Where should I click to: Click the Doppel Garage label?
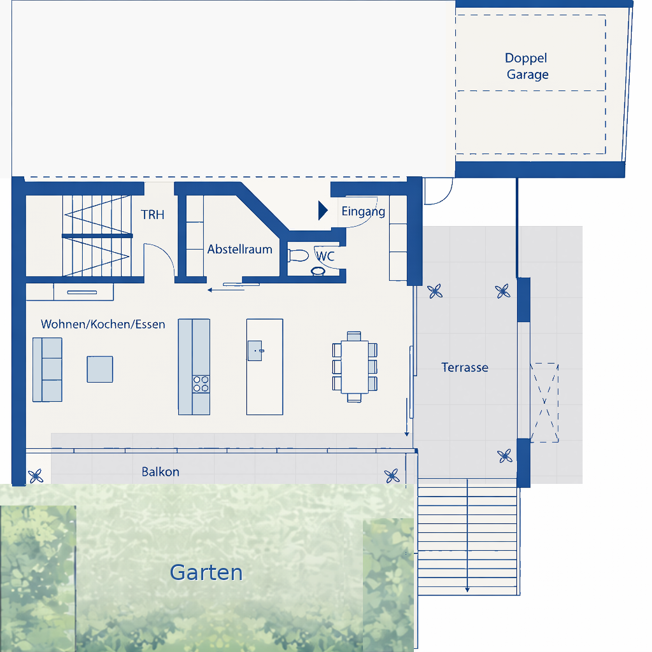(x=527, y=66)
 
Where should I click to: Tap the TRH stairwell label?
(x=153, y=215)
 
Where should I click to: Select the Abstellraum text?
(x=239, y=249)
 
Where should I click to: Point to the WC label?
(x=325, y=256)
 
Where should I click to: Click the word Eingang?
(x=363, y=211)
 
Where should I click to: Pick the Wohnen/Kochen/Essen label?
(x=103, y=324)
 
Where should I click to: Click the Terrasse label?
(x=464, y=367)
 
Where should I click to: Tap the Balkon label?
(x=160, y=472)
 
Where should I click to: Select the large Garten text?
(x=206, y=572)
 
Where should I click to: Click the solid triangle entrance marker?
(x=323, y=210)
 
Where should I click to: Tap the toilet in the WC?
(x=298, y=255)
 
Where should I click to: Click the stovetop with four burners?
(x=201, y=384)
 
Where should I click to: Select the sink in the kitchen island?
(x=255, y=351)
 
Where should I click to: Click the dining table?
(x=355, y=367)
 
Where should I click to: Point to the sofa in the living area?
(x=47, y=370)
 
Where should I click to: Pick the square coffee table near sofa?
(x=100, y=369)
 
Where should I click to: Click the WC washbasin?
(x=318, y=271)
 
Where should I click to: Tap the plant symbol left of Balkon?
(x=36, y=476)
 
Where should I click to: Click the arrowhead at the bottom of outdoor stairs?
(x=467, y=589)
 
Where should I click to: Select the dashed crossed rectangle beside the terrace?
(x=544, y=402)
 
